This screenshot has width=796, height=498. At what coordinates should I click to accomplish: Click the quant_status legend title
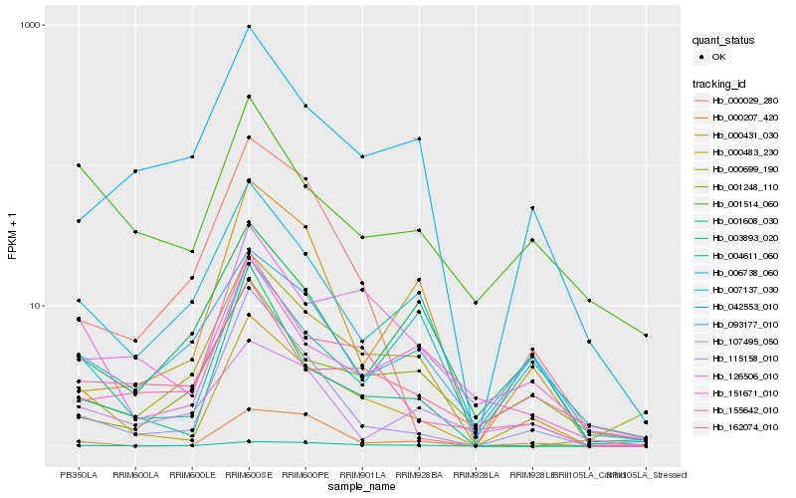tap(724, 41)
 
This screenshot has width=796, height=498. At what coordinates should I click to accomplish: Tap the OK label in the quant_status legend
tap(718, 57)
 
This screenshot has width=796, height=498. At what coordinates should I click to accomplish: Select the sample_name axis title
tap(362, 487)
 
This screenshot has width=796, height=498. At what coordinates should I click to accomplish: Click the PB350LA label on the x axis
tap(79, 475)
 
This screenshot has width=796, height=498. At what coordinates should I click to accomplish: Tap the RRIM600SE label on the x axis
tap(249, 475)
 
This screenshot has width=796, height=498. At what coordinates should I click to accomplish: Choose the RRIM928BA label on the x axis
tap(419, 475)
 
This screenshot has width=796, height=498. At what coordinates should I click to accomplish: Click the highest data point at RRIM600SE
tap(249, 27)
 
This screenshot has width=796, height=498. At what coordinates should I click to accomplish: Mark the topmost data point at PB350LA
tap(79, 165)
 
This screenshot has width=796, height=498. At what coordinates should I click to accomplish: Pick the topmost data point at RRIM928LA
tap(476, 302)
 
